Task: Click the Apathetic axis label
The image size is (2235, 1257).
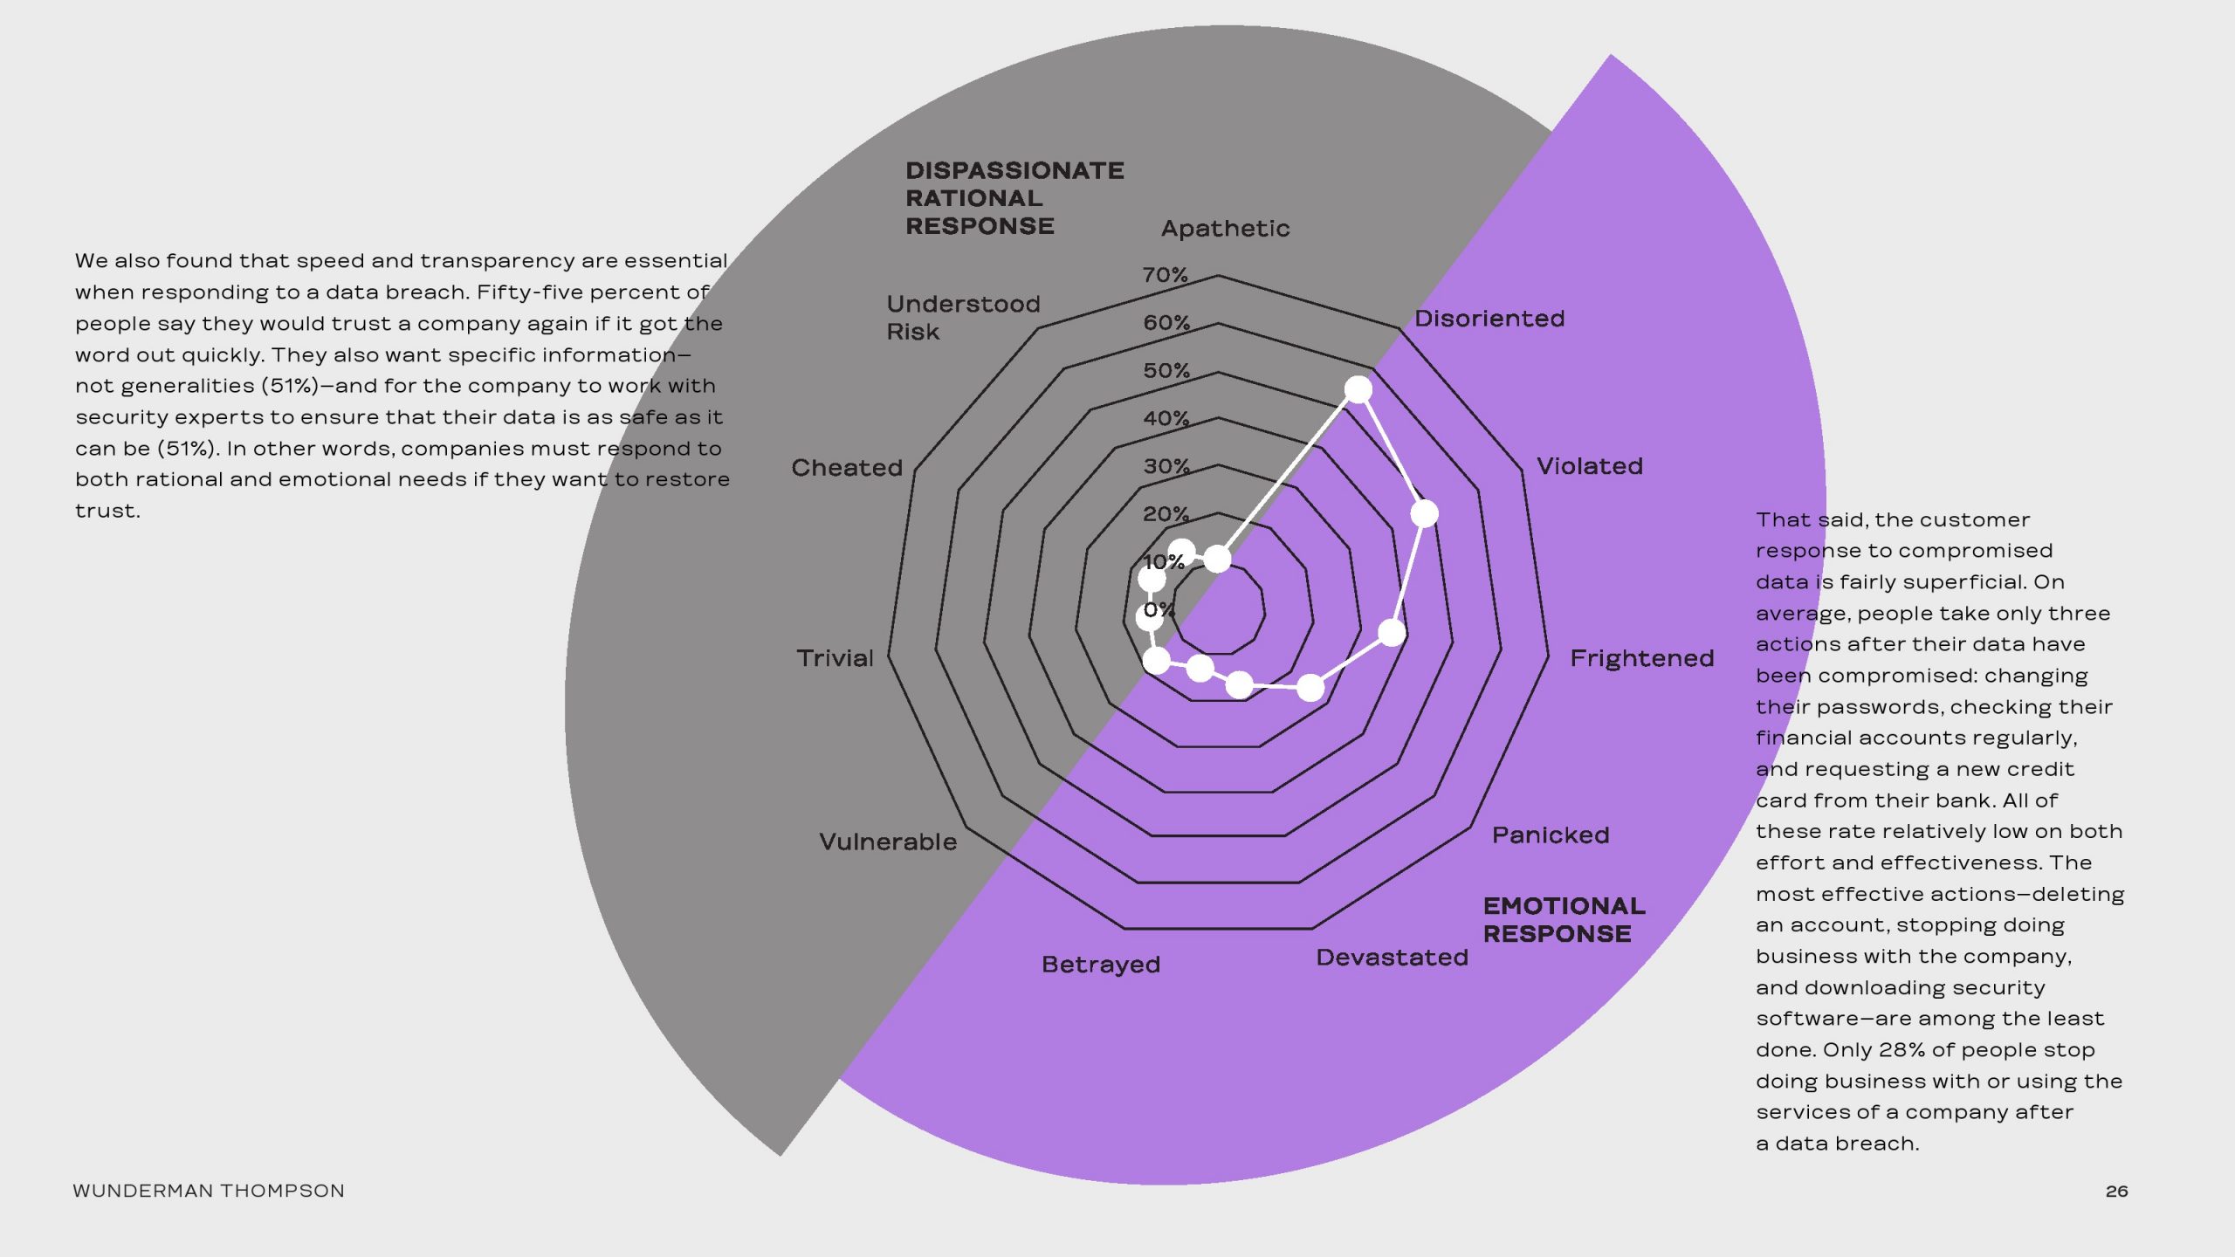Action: click(x=1225, y=229)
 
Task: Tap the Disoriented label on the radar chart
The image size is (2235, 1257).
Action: click(x=1489, y=319)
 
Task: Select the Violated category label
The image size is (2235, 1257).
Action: click(x=1589, y=466)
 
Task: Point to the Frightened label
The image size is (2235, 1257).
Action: click(x=1641, y=658)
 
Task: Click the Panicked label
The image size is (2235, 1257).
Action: click(x=1550, y=835)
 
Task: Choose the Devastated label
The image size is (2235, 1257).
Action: click(x=1392, y=958)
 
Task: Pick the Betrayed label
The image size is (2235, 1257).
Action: click(x=1100, y=965)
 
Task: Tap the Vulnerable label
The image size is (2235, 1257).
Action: click(x=887, y=842)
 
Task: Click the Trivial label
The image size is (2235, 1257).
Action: click(x=834, y=658)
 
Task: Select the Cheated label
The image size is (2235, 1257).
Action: click(x=846, y=468)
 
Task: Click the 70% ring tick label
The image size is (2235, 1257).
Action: click(x=1165, y=275)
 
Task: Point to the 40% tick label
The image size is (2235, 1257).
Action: click(x=1166, y=418)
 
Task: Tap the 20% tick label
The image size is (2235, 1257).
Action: click(x=1166, y=514)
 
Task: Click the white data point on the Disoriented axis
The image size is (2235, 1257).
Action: click(x=1358, y=389)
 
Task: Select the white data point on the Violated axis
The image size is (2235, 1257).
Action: click(x=1424, y=513)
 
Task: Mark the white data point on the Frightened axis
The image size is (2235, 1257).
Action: click(x=1392, y=632)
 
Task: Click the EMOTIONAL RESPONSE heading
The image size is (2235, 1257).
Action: click(x=1563, y=920)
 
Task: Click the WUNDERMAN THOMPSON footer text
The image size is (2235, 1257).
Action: click(x=208, y=1191)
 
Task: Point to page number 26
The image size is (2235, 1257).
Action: click(x=2116, y=1191)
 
